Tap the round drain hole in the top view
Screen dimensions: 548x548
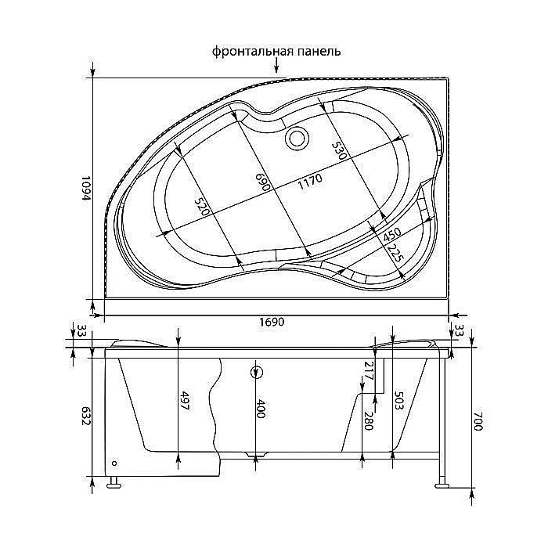[x=297, y=139]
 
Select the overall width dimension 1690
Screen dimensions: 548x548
[x=272, y=322]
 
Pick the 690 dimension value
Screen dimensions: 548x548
[x=263, y=182]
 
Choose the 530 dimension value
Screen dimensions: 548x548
[x=338, y=150]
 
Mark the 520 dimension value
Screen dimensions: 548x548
[x=203, y=207]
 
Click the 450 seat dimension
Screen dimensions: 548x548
[x=391, y=235]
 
